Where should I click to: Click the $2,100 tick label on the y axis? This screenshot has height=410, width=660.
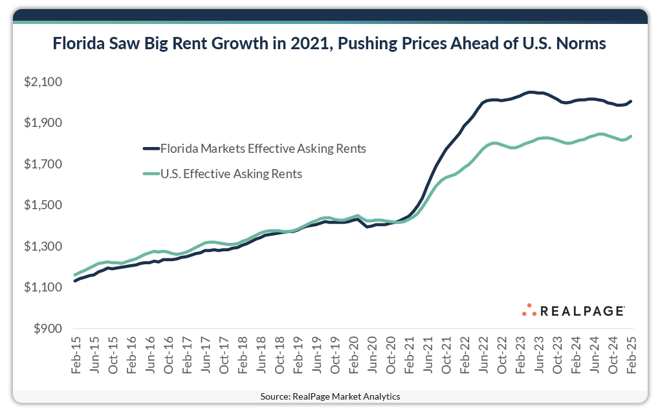42,82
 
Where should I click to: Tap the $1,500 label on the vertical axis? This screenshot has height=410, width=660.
42,205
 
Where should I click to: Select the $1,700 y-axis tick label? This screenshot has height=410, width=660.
42,165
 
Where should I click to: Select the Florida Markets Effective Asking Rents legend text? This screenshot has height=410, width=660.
263,148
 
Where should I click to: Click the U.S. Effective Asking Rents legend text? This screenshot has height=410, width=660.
231,174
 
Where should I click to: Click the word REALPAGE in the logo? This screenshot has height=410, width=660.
582,312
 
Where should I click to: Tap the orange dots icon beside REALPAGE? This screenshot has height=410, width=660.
529,310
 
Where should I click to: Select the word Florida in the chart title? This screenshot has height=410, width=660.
78,44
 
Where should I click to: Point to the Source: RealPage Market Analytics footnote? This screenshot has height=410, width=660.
330,396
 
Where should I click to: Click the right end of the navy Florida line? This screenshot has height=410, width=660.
631,101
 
